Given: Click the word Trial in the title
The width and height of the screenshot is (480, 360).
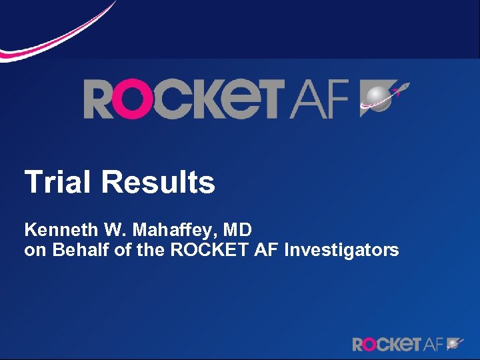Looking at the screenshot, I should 59,182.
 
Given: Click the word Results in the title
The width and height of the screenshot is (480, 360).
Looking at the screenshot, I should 159,182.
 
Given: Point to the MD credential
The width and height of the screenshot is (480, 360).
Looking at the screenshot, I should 237,231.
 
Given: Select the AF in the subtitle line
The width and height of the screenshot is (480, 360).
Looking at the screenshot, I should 265,250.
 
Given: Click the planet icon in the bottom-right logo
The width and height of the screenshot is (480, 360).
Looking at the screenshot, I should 455,343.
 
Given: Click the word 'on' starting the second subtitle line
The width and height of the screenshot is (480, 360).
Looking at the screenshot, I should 33,251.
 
